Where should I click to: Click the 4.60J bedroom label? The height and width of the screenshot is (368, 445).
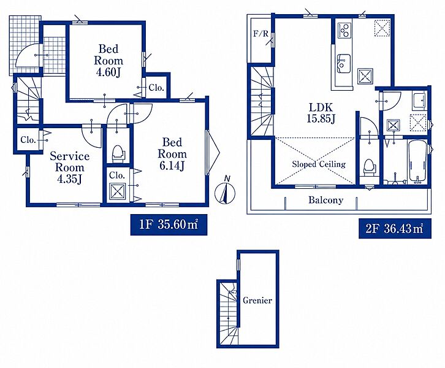tap(108, 61)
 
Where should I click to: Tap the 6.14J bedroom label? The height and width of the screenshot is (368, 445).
tap(172, 154)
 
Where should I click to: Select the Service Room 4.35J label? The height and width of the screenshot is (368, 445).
tap(69, 167)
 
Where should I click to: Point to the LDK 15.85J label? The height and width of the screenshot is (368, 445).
tap(321, 112)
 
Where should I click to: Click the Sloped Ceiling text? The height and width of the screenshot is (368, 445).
tap(319, 164)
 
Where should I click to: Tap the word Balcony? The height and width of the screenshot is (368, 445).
tap(326, 200)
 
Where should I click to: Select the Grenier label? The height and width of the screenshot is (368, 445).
tap(257, 301)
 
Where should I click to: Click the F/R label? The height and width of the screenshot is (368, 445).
tap(261, 34)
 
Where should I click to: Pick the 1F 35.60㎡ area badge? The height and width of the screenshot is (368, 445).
tap(169, 225)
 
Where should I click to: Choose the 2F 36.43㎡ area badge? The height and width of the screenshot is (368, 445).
tap(395, 228)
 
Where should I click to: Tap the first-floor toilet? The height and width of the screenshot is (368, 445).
tap(118, 154)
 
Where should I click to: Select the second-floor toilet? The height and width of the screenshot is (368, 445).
tap(368, 167)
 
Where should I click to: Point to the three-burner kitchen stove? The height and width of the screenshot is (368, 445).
tap(344, 30)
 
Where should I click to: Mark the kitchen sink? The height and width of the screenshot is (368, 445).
tap(343, 63)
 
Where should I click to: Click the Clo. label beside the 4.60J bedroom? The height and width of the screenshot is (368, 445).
tap(156, 88)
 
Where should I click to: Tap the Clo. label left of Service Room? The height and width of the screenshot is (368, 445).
tap(28, 140)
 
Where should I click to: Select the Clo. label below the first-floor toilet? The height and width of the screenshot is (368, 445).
tap(117, 175)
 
